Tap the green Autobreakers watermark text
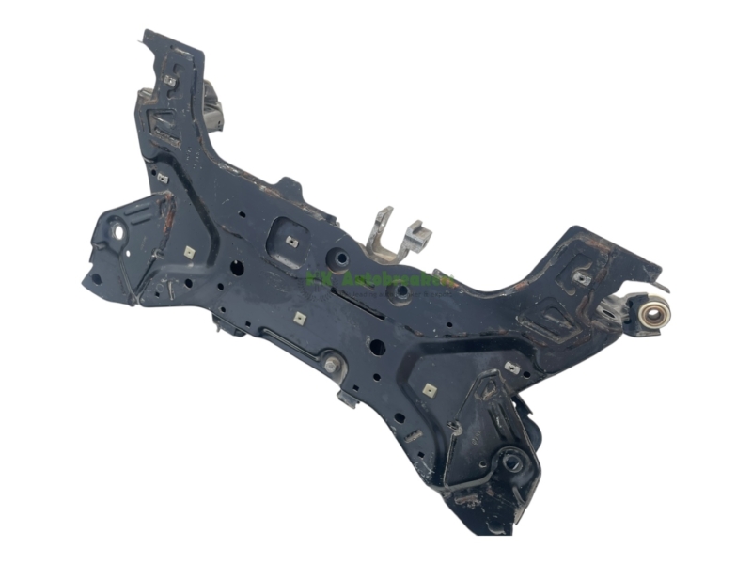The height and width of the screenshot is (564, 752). coord(381,279)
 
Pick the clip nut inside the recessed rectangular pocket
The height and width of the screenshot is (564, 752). coord(291,241)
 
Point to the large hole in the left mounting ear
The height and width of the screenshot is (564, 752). coord(119,228)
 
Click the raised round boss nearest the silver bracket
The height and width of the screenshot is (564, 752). coord(341,257)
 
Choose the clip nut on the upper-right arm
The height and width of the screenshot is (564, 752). coord(583,277)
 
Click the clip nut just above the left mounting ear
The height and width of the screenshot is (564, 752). coord(163,177)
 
